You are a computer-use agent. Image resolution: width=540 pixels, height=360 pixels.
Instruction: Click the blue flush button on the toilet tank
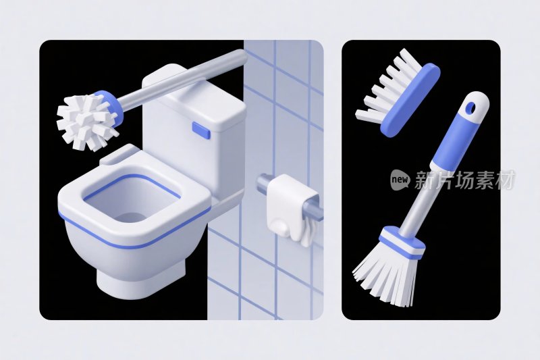pyautogui.click(x=201, y=130)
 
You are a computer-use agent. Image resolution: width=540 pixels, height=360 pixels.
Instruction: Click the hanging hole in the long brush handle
pyautogui.click(x=470, y=109)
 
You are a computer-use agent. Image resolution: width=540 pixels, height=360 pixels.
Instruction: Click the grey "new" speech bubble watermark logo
pyautogui.click(x=400, y=179)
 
